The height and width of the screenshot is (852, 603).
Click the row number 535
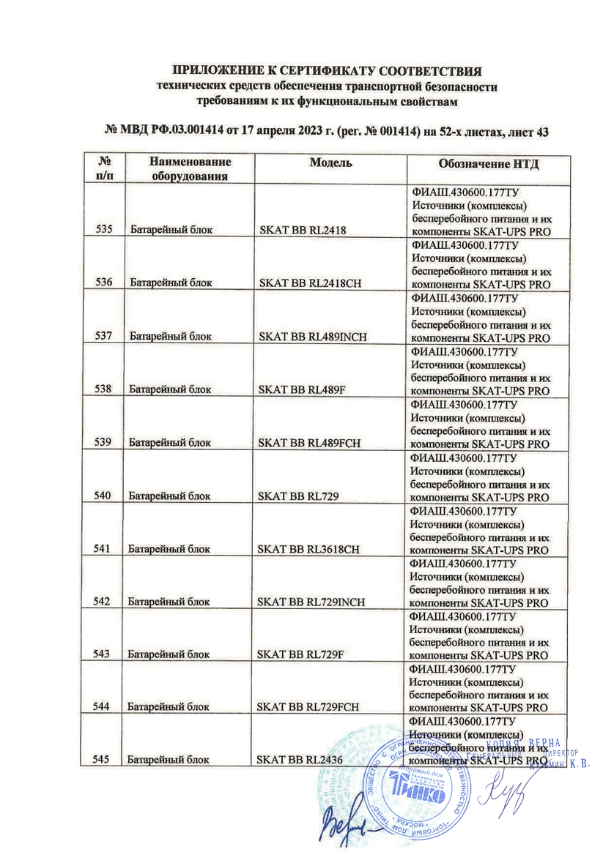click(x=103, y=231)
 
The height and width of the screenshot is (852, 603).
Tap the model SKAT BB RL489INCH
click(x=313, y=337)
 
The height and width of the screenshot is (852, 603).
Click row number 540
click(x=103, y=496)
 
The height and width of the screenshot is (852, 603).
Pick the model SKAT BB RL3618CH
click(x=308, y=549)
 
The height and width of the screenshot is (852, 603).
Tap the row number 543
click(x=103, y=654)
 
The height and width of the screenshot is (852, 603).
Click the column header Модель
click(x=330, y=162)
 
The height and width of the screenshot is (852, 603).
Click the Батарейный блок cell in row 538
click(x=170, y=389)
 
